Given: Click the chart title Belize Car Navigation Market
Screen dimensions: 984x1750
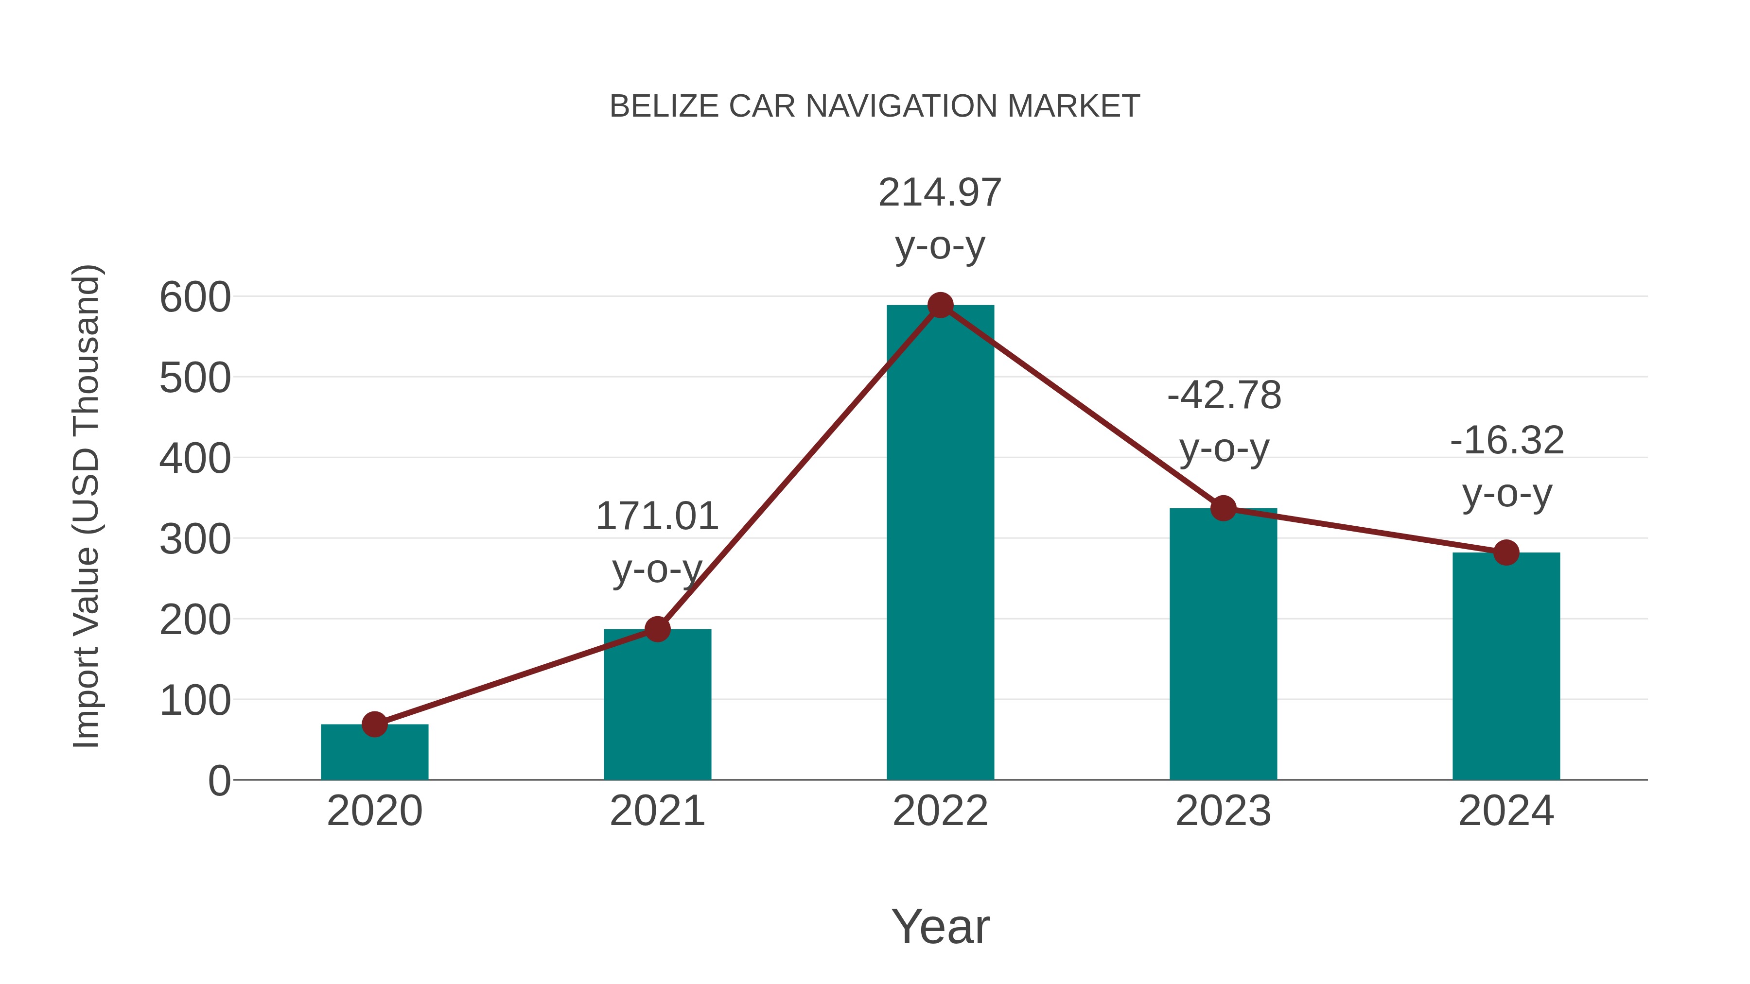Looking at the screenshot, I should point(875,106).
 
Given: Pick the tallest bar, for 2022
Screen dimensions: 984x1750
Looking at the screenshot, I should point(940,543).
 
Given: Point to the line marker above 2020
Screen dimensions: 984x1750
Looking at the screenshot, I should point(374,725).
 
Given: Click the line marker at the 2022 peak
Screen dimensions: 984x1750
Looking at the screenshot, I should point(940,306).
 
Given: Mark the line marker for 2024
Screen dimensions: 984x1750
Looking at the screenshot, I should point(1506,553).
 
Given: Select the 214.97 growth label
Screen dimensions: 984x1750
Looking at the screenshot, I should point(940,193).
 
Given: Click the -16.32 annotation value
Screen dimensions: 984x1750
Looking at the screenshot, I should point(1507,441).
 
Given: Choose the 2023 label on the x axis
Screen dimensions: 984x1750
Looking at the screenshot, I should point(1223,811).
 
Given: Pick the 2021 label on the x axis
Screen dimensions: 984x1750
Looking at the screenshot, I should point(657,811).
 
